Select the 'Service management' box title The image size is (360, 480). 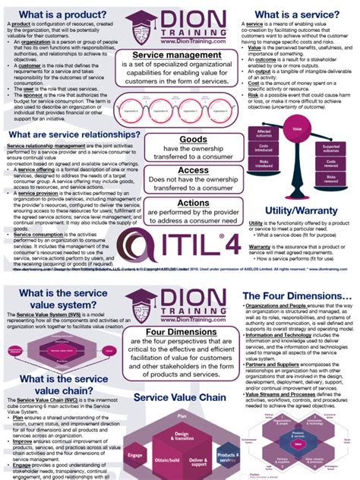point(178,55)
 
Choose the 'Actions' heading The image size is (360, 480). point(179,203)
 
